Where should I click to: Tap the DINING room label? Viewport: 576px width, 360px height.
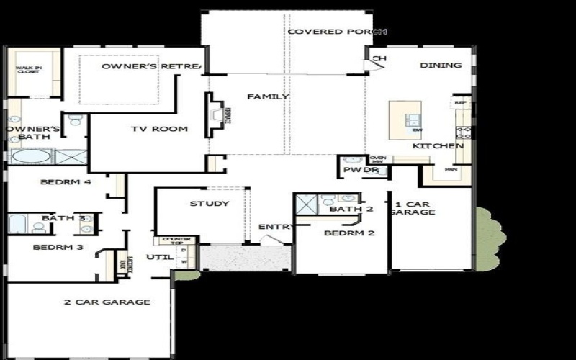441,66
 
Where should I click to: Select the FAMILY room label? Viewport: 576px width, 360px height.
268,96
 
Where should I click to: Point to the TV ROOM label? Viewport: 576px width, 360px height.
159,130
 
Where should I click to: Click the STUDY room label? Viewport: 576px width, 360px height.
210,204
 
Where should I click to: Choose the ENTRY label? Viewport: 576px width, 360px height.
276,228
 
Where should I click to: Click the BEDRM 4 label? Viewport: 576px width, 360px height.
66,182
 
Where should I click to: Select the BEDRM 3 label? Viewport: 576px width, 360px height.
58,248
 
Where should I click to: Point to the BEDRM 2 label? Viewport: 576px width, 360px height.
349,233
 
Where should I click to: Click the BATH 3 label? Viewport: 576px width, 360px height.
63,218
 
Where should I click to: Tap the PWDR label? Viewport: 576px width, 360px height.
356,171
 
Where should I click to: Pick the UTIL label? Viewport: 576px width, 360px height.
157,256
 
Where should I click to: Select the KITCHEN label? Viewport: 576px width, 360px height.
438,146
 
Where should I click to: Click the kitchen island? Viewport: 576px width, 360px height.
405,120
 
